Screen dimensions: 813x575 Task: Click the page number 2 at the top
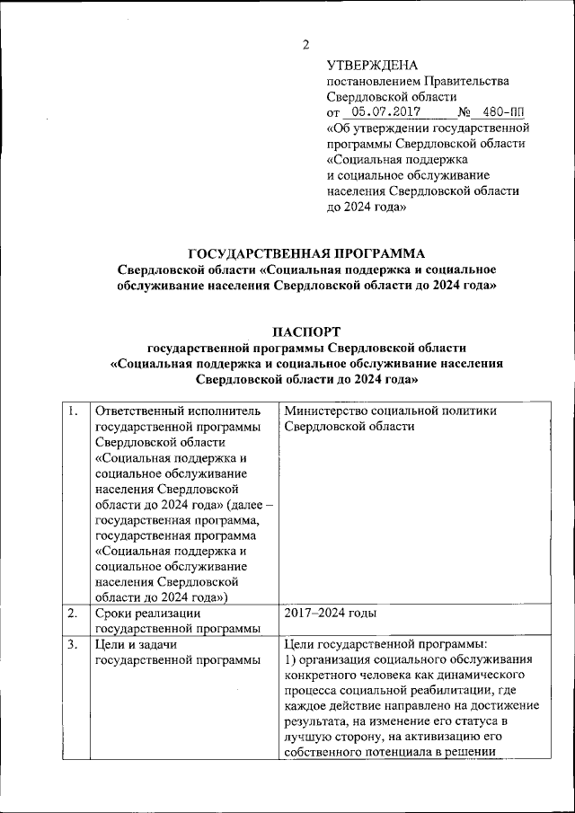[x=305, y=44]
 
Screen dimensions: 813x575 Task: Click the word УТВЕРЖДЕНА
[x=372, y=65]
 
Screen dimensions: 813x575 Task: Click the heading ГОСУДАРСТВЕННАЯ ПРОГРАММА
[x=305, y=253]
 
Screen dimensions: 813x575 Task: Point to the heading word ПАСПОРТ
[x=305, y=331]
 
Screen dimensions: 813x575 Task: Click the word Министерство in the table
[x=324, y=411]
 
